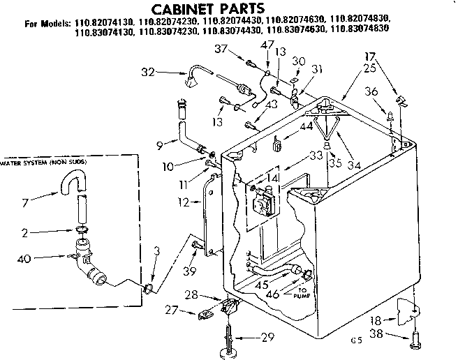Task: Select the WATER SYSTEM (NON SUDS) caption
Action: [49, 162]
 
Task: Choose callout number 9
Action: [160, 144]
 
